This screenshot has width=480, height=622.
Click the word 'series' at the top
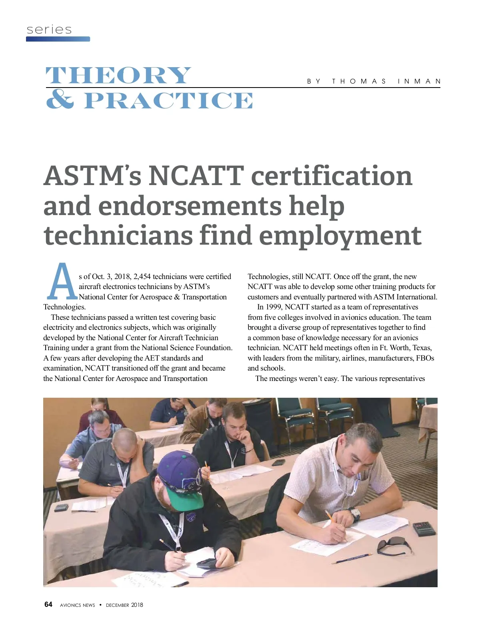[x=49, y=30]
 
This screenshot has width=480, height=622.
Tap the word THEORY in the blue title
[x=118, y=76]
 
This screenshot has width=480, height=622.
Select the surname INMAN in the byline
[x=419, y=81]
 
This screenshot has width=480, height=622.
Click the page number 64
[x=48, y=604]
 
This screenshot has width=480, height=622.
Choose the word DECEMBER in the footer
[x=118, y=605]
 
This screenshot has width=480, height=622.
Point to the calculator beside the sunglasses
[x=424, y=528]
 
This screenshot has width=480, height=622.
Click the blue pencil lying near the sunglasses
[x=352, y=558]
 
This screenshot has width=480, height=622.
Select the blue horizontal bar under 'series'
[x=58, y=39]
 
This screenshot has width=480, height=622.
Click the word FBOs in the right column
[x=425, y=358]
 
